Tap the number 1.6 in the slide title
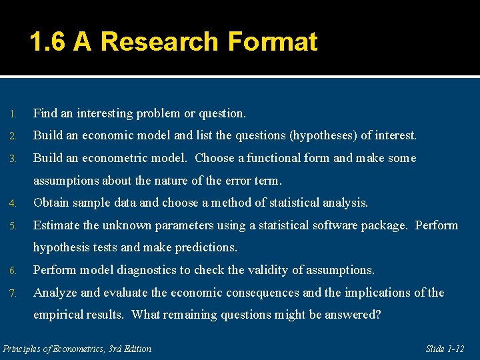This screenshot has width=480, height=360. pos(48,42)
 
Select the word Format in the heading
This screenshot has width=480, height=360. pos(272,42)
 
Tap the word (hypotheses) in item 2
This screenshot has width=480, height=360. pos(323,135)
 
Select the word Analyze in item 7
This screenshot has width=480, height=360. pos(54,293)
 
